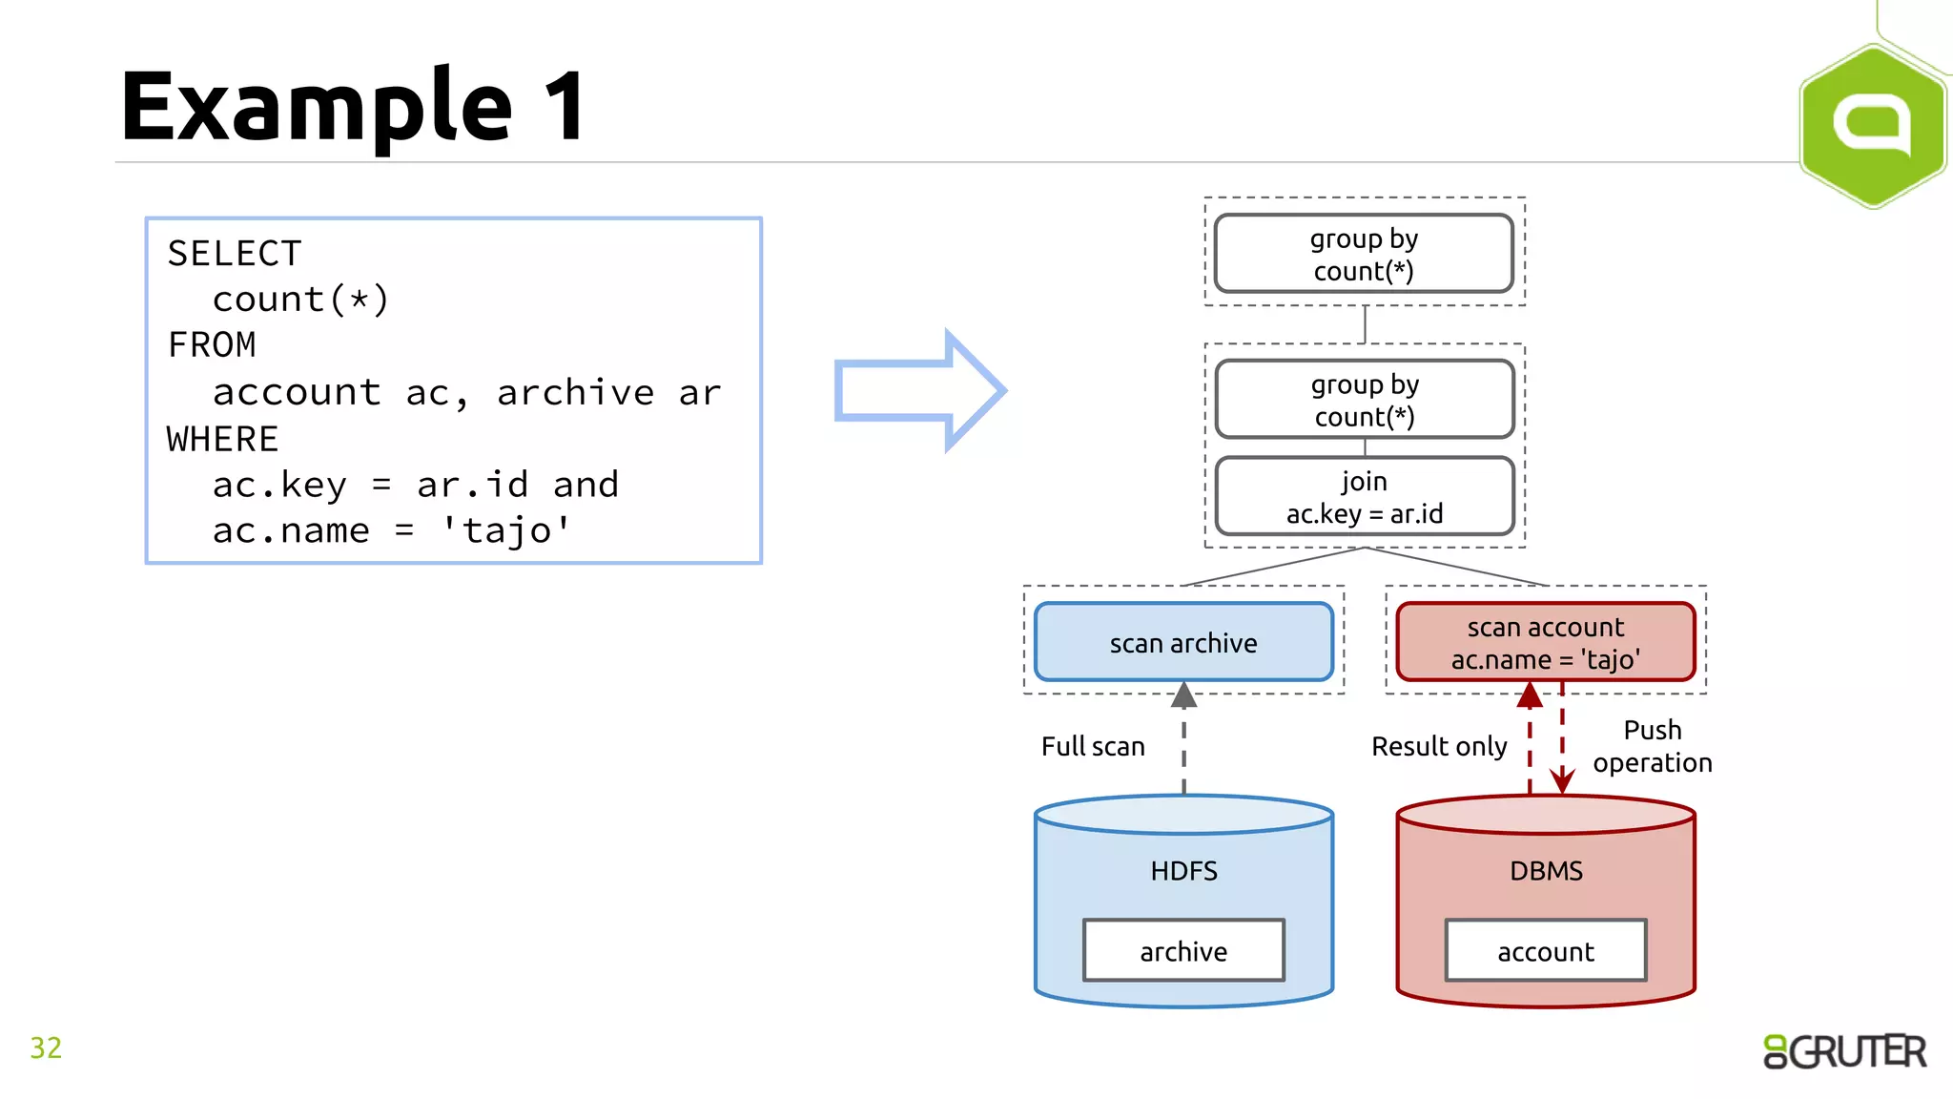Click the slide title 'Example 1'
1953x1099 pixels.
click(353, 107)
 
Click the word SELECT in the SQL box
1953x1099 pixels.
click(235, 254)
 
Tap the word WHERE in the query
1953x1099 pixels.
click(222, 439)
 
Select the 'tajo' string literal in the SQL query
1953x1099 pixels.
click(506, 530)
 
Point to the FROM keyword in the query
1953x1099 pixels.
click(212, 344)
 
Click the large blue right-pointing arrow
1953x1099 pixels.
click(918, 390)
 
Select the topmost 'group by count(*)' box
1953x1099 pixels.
click(1364, 254)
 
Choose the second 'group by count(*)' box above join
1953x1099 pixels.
click(1364, 400)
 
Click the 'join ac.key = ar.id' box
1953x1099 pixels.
click(1364, 497)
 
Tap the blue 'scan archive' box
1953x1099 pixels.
click(1183, 642)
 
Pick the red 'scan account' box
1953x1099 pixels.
click(1545, 642)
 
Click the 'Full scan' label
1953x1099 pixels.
click(1093, 746)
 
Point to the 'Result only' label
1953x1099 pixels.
click(1439, 746)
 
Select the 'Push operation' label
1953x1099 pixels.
click(1652, 746)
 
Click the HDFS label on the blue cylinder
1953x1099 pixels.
click(1183, 871)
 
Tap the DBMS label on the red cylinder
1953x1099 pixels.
click(1546, 871)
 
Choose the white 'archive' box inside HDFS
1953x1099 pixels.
click(1183, 951)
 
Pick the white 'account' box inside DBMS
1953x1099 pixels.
click(1546, 951)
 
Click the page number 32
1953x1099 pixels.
click(46, 1047)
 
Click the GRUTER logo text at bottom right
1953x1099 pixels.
click(1844, 1051)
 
